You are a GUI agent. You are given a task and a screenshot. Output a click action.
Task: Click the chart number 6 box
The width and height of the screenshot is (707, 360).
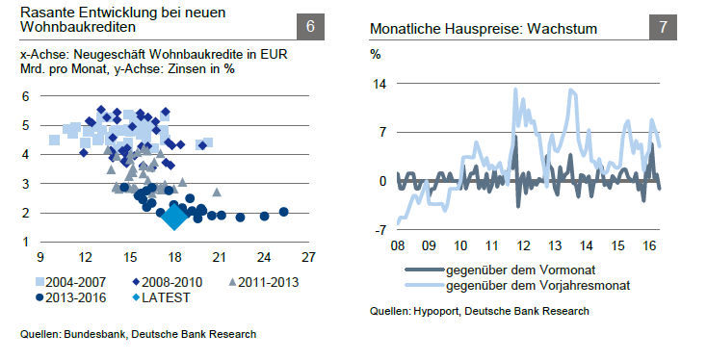click(310, 28)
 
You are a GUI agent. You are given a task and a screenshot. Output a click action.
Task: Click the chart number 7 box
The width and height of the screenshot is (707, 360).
click(664, 28)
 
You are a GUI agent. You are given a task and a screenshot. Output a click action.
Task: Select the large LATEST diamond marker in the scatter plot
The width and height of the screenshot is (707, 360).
click(174, 216)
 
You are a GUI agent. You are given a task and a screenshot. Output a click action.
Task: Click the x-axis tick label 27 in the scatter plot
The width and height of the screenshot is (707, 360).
click(307, 257)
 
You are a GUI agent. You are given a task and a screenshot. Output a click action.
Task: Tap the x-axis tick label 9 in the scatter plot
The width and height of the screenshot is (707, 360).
click(39, 257)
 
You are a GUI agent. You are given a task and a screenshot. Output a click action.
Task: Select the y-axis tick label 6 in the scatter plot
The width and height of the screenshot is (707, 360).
click(26, 95)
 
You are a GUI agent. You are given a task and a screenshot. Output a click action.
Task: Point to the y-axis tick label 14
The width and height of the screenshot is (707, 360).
click(379, 83)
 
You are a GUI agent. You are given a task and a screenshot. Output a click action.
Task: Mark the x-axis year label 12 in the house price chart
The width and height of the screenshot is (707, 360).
click(526, 244)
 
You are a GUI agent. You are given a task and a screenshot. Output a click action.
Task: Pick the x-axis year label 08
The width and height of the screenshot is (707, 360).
click(397, 244)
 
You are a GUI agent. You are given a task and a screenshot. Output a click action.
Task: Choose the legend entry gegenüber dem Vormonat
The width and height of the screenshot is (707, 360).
click(511, 270)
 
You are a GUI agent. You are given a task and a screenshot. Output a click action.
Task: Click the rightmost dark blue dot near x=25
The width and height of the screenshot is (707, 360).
click(283, 212)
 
